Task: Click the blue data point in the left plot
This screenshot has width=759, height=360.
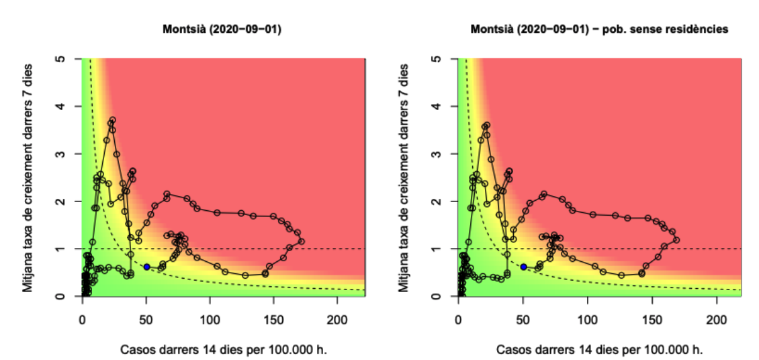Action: (x=146, y=267)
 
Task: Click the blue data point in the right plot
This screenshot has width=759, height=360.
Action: (x=523, y=267)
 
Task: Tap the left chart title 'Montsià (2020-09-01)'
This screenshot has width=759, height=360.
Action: (x=222, y=30)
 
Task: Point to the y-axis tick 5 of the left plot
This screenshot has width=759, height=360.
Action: (x=60, y=59)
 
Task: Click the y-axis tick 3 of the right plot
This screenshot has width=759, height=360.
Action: (x=437, y=154)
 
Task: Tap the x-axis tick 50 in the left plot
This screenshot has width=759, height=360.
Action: (x=146, y=320)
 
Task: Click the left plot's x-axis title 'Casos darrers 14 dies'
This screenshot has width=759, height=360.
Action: (x=222, y=349)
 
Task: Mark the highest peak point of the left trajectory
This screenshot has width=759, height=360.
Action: (x=112, y=121)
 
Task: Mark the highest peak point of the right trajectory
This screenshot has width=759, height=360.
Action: (x=487, y=125)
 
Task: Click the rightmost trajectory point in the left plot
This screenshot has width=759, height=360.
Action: (x=302, y=240)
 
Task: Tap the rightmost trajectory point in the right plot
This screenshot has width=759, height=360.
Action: (x=676, y=239)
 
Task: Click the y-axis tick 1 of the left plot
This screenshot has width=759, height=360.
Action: (x=60, y=249)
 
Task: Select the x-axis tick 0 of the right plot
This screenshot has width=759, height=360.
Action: (x=458, y=320)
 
